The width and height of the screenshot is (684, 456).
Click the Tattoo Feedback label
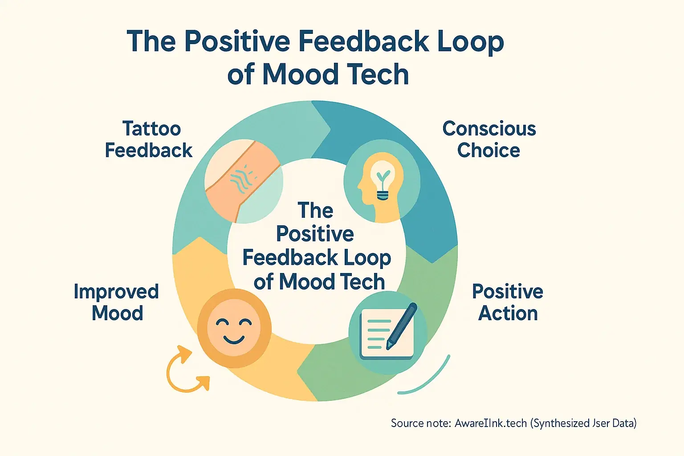click(149, 139)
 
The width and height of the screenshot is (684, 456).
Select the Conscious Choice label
click(489, 139)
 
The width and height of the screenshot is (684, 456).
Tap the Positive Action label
click(508, 302)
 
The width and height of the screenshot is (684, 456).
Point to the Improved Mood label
click(116, 302)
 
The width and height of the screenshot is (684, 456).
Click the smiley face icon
click(234, 328)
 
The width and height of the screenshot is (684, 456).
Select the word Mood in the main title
click(301, 74)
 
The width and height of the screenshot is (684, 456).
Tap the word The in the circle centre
click(315, 211)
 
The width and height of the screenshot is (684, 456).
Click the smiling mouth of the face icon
click(234, 339)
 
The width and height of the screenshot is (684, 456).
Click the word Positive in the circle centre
click(315, 234)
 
